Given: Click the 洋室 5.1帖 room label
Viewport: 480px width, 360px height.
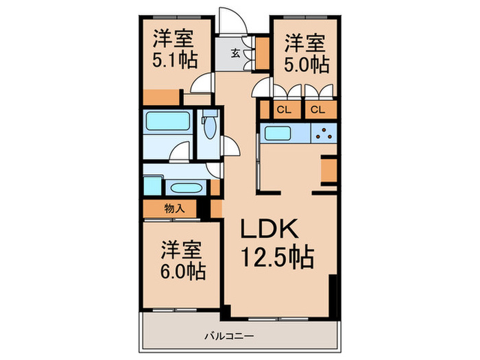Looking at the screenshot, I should click(174, 49).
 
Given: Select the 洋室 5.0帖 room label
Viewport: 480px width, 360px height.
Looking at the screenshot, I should click(306, 54).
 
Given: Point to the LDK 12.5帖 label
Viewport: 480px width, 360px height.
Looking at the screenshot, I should click(276, 244).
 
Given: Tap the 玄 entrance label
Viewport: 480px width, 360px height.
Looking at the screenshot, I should click(235, 53).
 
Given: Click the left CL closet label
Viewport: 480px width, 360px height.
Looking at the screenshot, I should click(284, 110).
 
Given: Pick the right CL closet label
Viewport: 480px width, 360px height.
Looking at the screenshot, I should click(317, 110).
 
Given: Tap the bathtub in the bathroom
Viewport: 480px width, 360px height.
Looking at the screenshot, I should click(168, 125).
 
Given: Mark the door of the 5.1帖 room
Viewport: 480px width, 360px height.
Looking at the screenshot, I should click(202, 84).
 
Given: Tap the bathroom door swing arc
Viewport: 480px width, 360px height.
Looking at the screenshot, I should click(180, 151).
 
